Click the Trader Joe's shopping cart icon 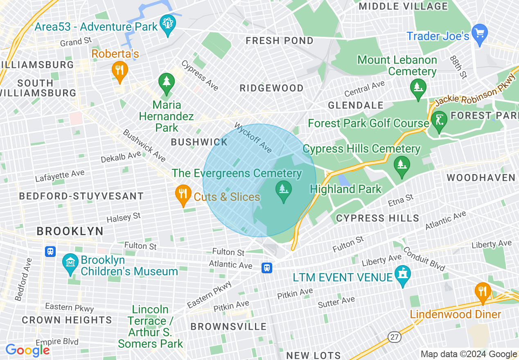pos(479,32)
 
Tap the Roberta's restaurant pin pos(120,70)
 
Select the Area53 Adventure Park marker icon pos(168,24)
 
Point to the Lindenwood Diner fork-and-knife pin pos(483,292)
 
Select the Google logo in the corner pos(27,350)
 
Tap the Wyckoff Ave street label pos(253,137)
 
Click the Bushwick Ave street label pos(144,145)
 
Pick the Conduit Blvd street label pos(424,259)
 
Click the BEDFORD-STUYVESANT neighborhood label pos(81,196)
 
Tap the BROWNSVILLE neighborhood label pos(228,326)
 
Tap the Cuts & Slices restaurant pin pos(183,194)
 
